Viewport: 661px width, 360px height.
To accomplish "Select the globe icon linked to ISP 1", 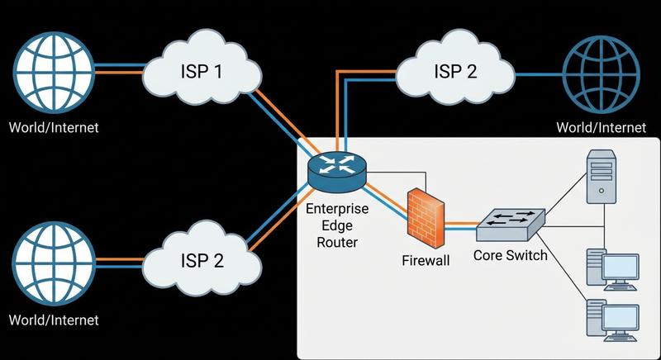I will coord(53,71).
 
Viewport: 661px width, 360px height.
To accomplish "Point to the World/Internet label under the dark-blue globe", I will coord(601,127).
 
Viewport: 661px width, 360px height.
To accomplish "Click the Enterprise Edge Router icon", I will coord(336,165).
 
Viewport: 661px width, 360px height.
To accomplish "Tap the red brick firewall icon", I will coord(426,218).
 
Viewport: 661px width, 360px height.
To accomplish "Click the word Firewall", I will coord(426,261).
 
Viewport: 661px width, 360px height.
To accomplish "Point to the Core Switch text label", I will coord(510,256).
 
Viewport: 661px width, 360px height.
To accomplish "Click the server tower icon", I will coord(602,175).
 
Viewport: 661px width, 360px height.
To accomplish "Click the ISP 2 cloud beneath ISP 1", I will coord(202,260).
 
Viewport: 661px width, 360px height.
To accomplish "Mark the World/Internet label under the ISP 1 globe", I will coord(54,127).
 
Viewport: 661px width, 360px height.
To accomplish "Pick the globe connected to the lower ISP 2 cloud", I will coord(53,261).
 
